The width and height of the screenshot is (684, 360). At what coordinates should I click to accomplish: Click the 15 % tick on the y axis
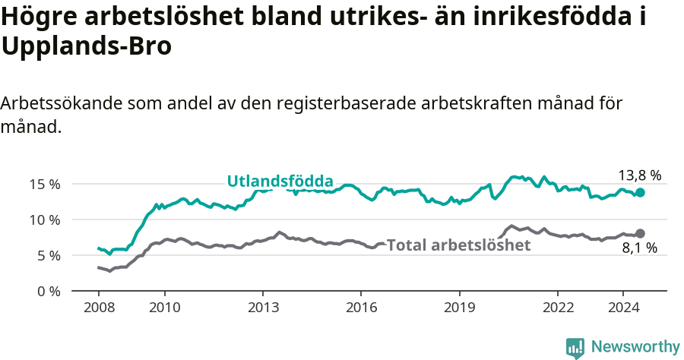click(x=46, y=184)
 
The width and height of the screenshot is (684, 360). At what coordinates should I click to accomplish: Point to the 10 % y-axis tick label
click(x=46, y=219)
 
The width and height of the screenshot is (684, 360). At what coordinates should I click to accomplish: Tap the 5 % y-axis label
click(x=49, y=255)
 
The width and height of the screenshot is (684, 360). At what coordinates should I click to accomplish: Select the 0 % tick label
click(x=49, y=291)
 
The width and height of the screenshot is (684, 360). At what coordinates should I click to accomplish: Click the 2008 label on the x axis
click(x=99, y=308)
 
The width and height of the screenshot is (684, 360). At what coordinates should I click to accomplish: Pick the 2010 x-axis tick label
click(x=164, y=308)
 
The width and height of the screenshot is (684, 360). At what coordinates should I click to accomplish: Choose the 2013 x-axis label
click(x=262, y=308)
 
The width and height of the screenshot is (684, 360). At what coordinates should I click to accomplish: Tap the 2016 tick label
click(x=360, y=308)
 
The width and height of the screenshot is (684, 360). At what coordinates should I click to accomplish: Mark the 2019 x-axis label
click(x=458, y=308)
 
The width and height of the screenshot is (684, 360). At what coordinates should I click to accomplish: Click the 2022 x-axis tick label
click(x=557, y=308)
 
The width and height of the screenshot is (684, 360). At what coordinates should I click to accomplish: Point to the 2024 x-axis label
click(x=622, y=308)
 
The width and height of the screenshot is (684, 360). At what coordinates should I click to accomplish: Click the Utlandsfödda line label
click(x=280, y=182)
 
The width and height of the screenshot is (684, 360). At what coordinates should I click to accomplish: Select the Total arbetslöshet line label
click(x=458, y=245)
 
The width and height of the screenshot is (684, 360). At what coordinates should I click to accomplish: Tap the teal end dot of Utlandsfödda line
click(x=640, y=193)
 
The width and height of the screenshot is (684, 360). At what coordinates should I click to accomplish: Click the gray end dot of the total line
click(x=640, y=233)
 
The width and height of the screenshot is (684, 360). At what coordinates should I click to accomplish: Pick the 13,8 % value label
click(x=639, y=175)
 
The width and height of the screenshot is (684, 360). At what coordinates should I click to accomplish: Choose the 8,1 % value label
click(x=638, y=248)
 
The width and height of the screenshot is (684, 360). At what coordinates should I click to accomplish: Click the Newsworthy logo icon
click(x=575, y=347)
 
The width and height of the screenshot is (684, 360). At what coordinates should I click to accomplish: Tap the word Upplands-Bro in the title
click(x=87, y=46)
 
